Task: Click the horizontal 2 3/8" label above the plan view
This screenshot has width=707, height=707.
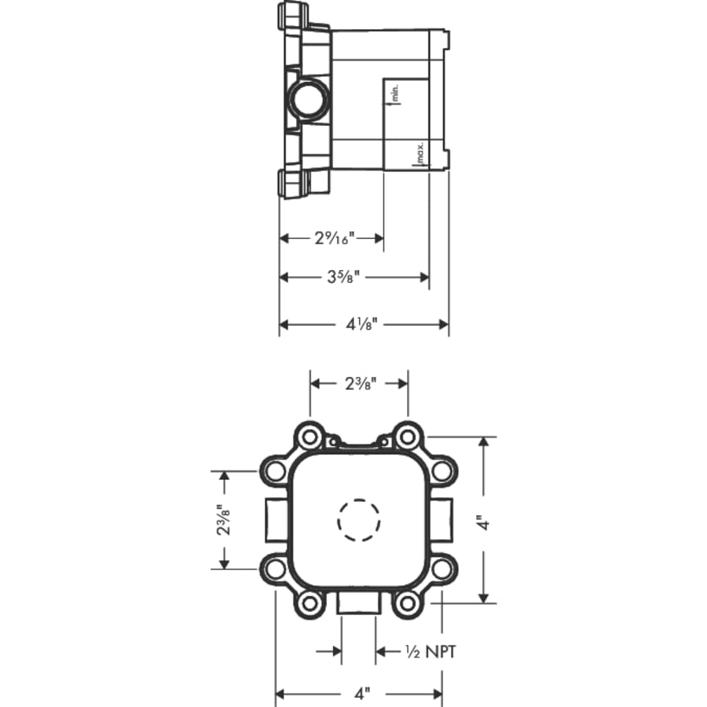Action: click(x=359, y=383)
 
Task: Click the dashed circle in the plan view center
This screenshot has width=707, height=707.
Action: click(x=359, y=520)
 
